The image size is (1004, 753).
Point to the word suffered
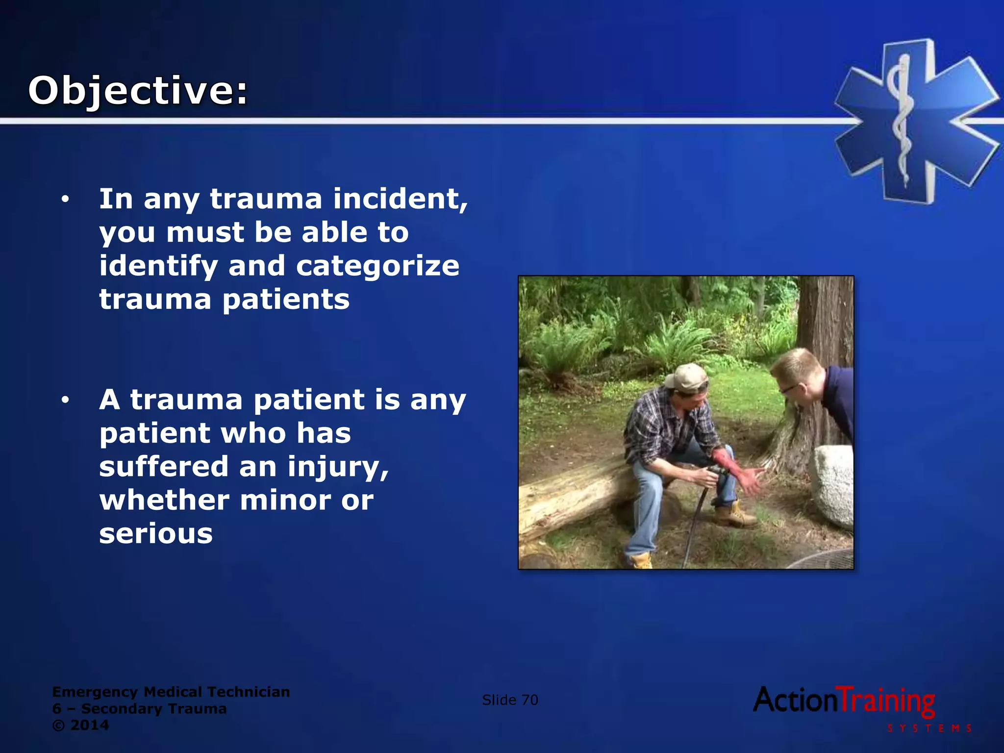[164, 466]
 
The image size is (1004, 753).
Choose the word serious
[156, 533]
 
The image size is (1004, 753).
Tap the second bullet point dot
[65, 401]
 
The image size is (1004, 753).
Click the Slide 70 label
[510, 700]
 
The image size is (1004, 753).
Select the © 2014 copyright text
[80, 725]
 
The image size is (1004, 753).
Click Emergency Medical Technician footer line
[171, 692]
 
